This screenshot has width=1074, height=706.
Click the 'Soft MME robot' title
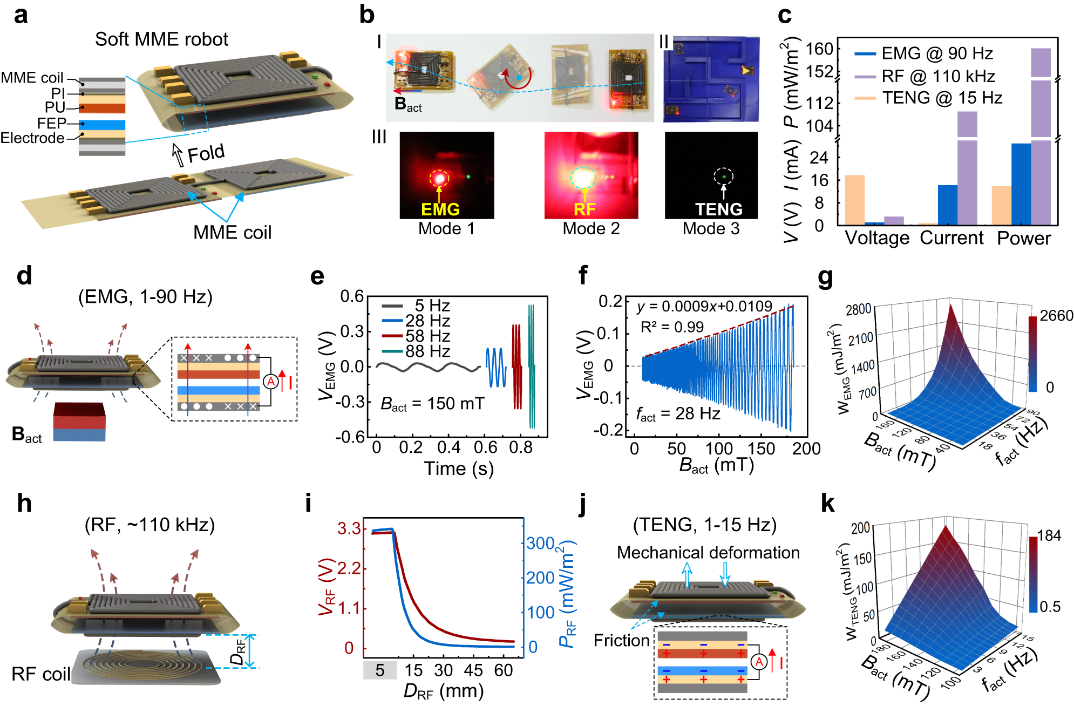[161, 39]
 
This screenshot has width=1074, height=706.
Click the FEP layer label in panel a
[51, 123]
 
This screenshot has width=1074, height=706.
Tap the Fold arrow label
[205, 153]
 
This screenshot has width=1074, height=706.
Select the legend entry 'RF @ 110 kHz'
[938, 76]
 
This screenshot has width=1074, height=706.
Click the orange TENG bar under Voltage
[854, 200]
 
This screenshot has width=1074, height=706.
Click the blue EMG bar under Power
[1021, 184]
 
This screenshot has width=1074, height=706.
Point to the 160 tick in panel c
[819, 49]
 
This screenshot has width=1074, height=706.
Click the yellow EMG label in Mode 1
[440, 209]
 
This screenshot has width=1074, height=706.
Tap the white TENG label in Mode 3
[718, 209]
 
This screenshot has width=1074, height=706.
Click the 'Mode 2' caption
[591, 228]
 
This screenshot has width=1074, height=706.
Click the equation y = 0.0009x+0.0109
[704, 307]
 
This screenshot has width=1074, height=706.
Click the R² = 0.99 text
[672, 327]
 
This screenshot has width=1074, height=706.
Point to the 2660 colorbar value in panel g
[1056, 316]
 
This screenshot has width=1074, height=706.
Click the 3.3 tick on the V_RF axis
[349, 528]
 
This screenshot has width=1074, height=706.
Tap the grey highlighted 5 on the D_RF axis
[380, 670]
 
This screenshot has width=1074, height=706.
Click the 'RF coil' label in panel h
[41, 674]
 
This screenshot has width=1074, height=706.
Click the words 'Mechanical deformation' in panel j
[708, 552]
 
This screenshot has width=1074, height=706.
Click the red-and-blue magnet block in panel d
[80, 422]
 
